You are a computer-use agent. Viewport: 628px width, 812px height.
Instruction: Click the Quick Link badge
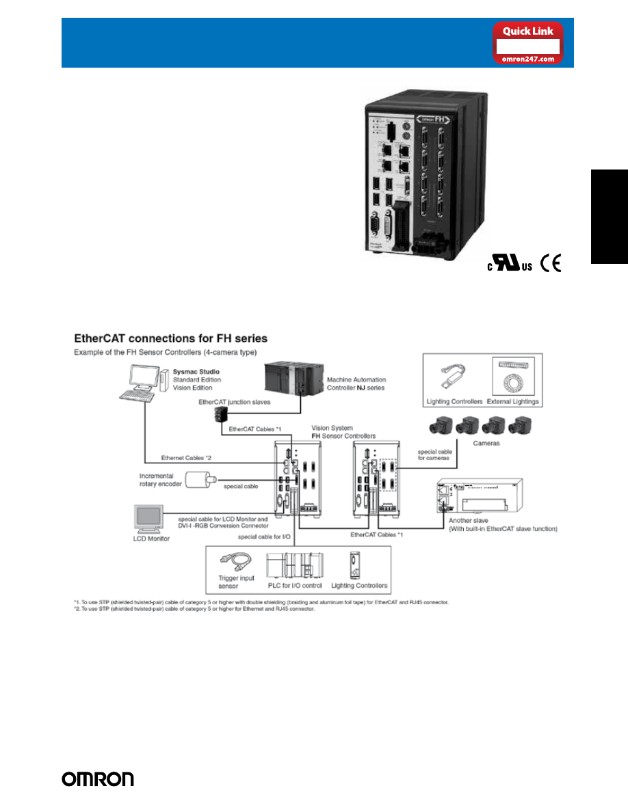point(528,42)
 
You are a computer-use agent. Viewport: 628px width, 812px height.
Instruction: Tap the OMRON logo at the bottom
point(98,779)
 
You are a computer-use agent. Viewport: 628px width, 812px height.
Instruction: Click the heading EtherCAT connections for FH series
point(170,338)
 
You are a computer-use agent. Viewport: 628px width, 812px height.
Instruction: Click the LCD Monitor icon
point(149,519)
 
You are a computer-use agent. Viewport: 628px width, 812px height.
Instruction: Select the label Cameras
point(486,443)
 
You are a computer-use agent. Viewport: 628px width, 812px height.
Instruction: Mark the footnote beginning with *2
point(194,608)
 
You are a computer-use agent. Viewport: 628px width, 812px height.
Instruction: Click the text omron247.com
point(528,59)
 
